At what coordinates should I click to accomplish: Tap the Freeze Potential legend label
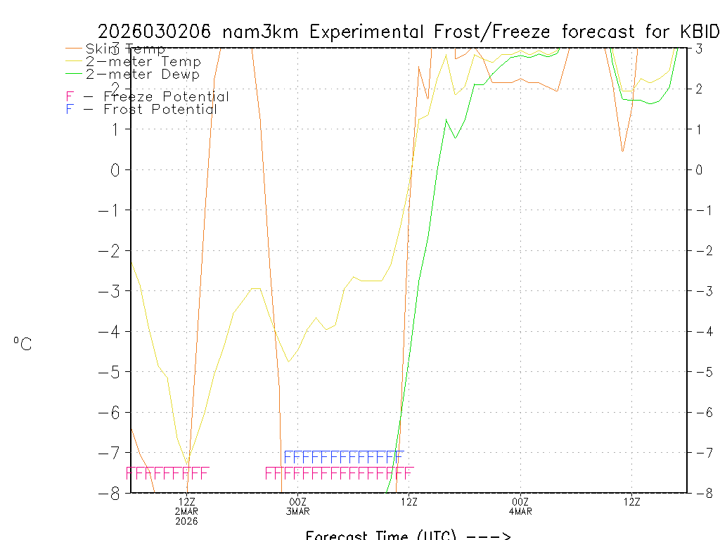click(166, 97)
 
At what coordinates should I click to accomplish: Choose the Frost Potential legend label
click(160, 110)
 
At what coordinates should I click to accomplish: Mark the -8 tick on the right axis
click(700, 493)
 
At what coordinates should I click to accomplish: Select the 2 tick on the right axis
click(700, 89)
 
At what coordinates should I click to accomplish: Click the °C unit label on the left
click(22, 345)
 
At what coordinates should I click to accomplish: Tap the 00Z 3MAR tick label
click(297, 506)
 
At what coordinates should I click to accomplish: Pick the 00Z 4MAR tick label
click(520, 506)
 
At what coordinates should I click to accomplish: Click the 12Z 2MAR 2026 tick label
click(186, 511)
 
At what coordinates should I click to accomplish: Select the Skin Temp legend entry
click(125, 49)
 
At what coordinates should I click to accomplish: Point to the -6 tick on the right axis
click(700, 412)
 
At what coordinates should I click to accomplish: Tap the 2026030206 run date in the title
click(157, 32)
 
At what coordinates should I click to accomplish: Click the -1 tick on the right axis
click(700, 210)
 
